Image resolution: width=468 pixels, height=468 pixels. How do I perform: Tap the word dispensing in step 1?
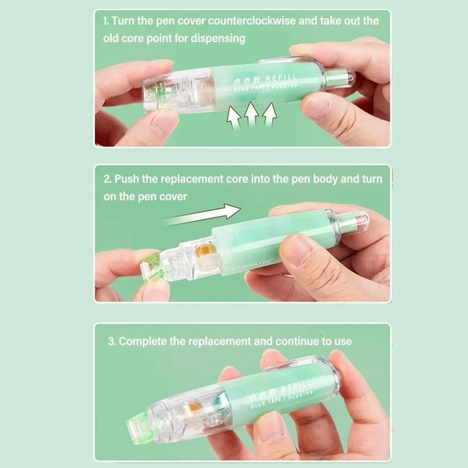217,38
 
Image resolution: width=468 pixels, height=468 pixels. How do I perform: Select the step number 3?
112,341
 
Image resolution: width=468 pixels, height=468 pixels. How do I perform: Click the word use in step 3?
343,341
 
